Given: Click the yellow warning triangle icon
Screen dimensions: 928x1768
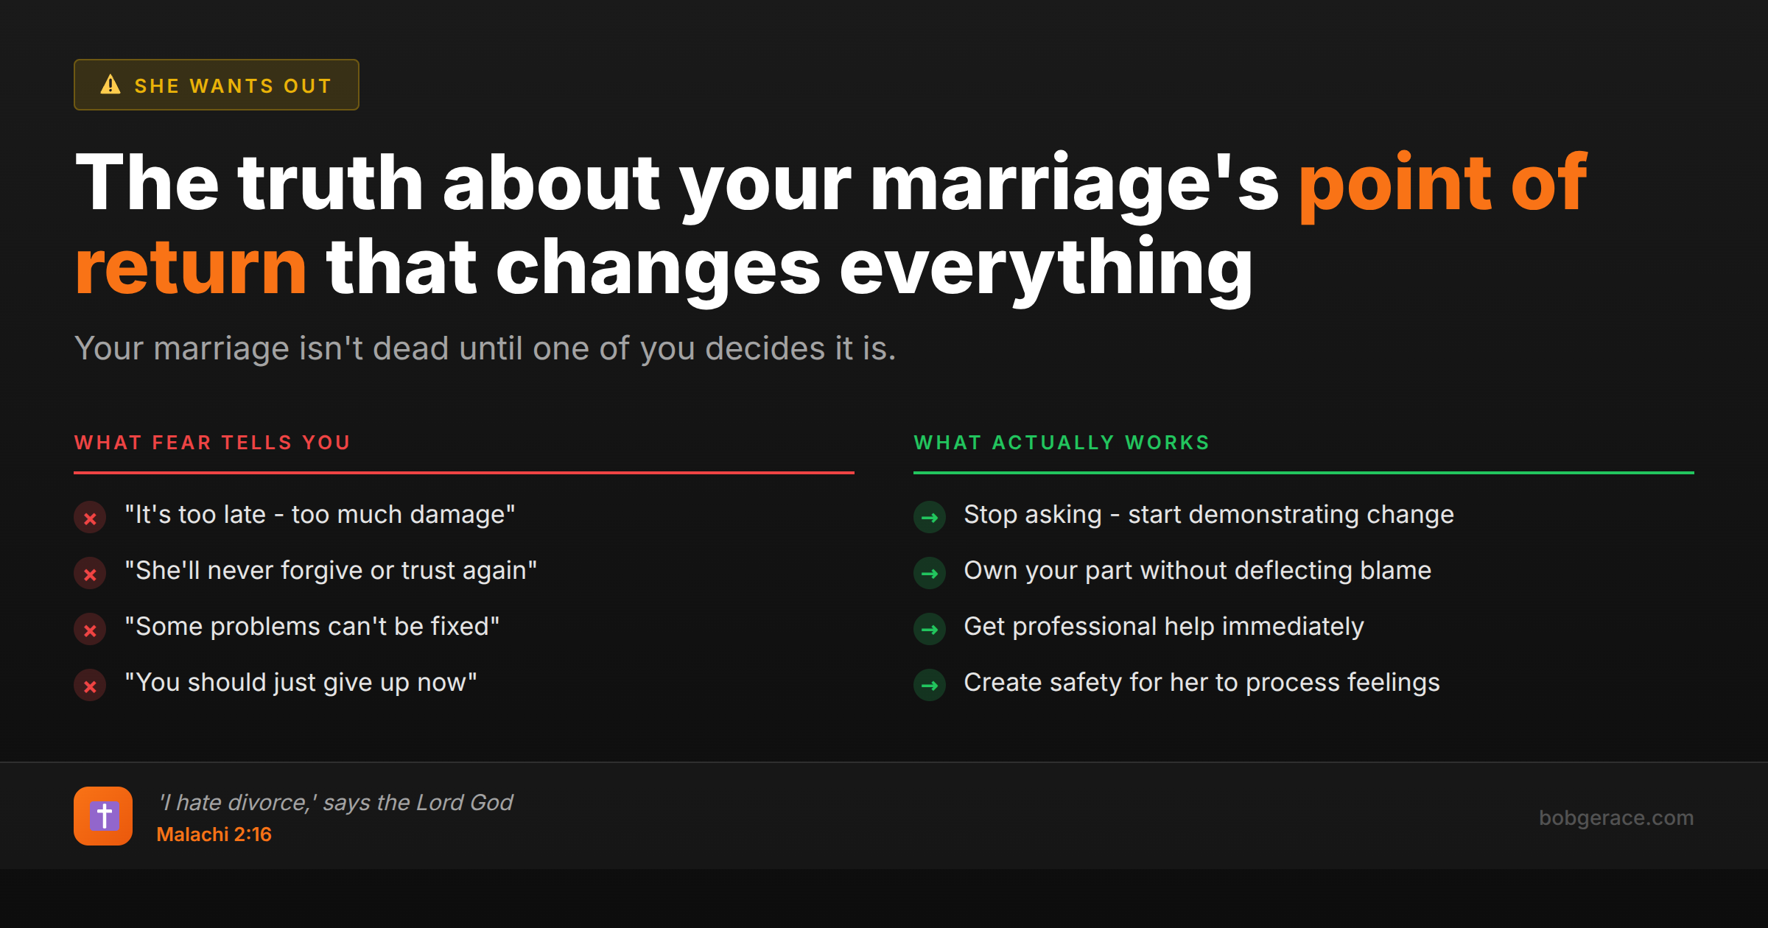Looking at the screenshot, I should [x=110, y=85].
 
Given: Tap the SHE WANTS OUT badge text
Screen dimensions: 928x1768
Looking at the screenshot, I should [x=233, y=86].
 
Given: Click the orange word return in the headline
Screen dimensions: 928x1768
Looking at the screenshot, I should [x=191, y=267].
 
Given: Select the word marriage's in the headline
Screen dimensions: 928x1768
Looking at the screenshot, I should [x=1075, y=183].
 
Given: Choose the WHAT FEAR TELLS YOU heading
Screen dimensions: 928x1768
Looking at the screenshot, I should [x=212, y=443].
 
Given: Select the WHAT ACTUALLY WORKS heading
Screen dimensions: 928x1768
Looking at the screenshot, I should [x=1062, y=443].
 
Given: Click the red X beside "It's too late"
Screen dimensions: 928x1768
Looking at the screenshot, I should [x=90, y=518].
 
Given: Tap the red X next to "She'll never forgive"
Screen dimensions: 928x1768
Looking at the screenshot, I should [x=90, y=574].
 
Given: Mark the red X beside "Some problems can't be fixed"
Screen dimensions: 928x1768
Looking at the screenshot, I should [x=90, y=630].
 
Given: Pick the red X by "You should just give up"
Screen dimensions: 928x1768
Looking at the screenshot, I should [x=90, y=686].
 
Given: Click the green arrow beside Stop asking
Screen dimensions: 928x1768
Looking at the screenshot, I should [x=930, y=518].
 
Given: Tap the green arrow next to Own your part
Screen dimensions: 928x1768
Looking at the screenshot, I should [x=930, y=574].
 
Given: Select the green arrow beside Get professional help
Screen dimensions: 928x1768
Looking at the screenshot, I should [x=930, y=630].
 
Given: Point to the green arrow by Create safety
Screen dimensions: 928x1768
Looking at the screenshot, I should [x=930, y=686].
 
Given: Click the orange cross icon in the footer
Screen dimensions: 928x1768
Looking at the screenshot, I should [x=103, y=816].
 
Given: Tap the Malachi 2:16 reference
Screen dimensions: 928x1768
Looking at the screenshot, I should [x=214, y=834].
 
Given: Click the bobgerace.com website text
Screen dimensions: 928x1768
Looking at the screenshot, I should [x=1616, y=818].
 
